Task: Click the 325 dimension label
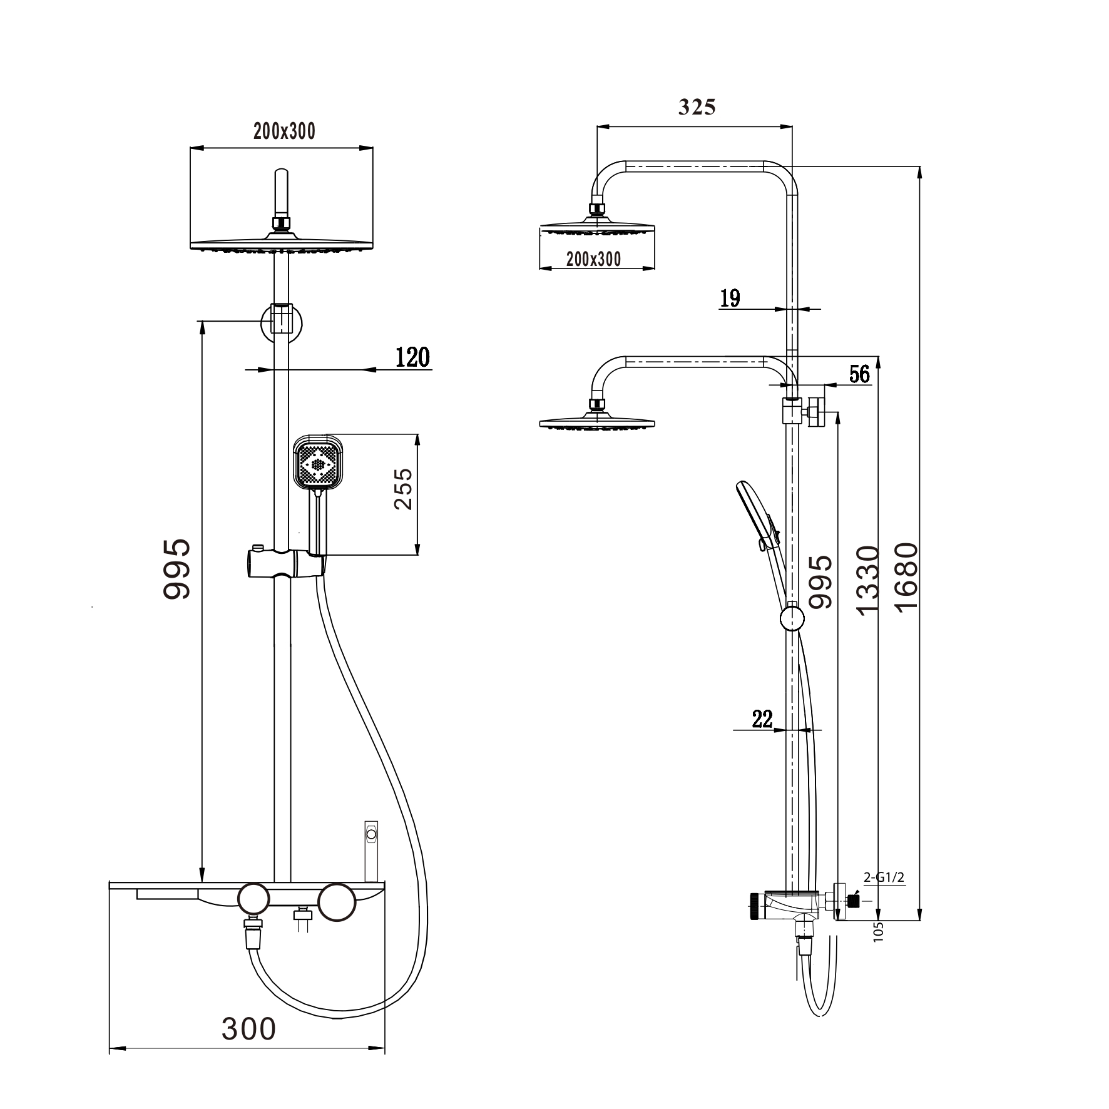[697, 108]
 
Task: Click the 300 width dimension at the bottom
[248, 1028]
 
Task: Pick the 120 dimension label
[413, 357]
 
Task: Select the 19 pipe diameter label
[730, 298]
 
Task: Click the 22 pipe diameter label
[762, 719]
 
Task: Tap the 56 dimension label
[859, 374]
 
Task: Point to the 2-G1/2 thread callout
[884, 877]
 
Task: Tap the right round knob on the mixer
[336, 902]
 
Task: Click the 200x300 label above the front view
[284, 131]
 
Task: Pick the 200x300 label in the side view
[593, 259]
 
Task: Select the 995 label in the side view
[820, 581]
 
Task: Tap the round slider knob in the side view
[792, 619]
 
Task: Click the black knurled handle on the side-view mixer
[755, 906]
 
